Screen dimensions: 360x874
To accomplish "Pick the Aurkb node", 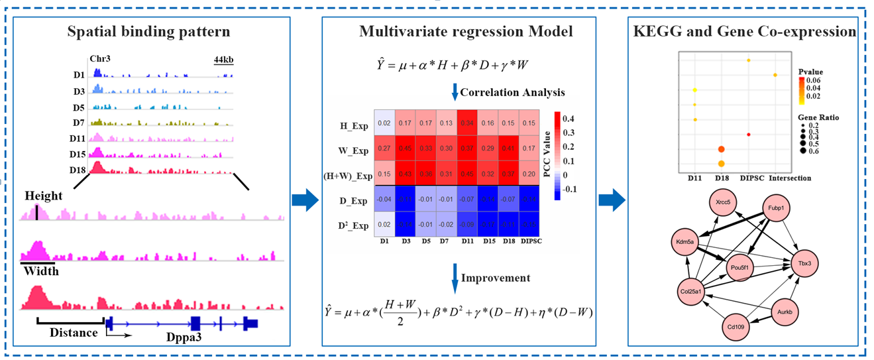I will (791, 312).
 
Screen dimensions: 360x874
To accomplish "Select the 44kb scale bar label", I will (223, 60).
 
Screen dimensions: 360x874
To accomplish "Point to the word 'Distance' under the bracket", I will (74, 332).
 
